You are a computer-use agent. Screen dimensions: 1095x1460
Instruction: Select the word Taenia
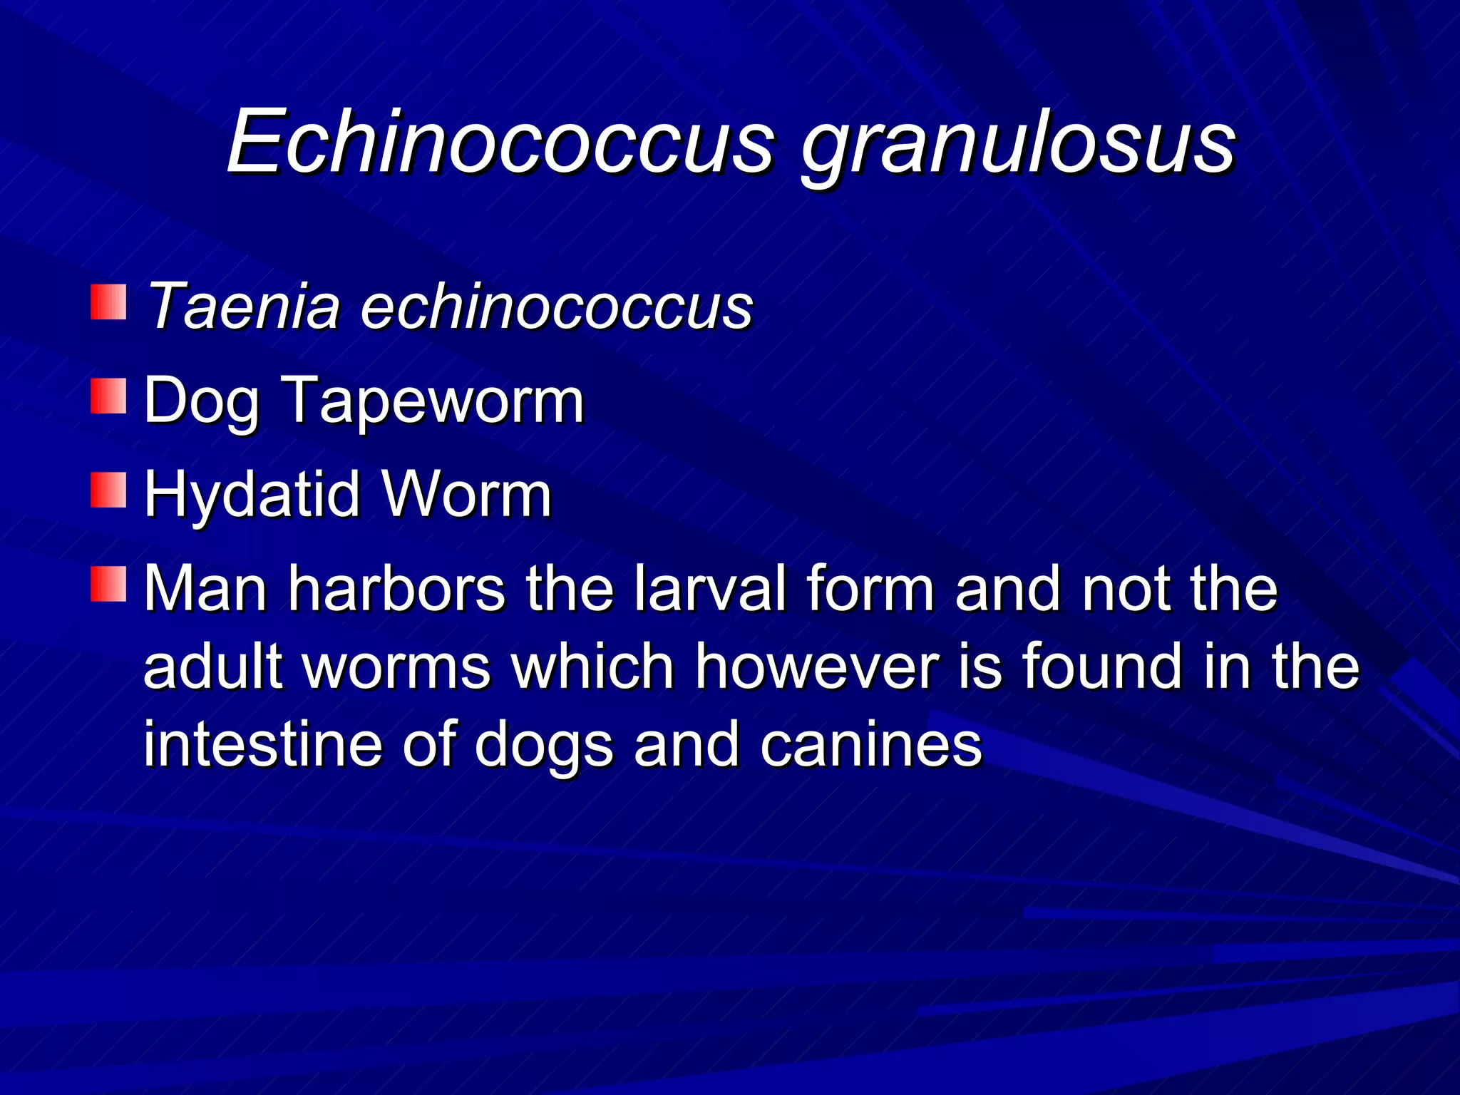[x=242, y=307]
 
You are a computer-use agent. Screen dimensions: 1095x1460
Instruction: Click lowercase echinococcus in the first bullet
[x=557, y=307]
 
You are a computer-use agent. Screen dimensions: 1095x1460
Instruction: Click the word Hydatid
[x=252, y=495]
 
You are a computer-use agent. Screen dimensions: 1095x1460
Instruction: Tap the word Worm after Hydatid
[x=466, y=495]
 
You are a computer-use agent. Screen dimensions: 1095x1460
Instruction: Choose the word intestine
[x=263, y=744]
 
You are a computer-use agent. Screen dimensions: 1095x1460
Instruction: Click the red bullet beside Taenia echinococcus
[x=108, y=302]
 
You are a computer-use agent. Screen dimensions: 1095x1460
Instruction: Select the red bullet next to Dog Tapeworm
[x=108, y=396]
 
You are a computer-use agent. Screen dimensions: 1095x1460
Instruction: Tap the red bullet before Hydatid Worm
[x=108, y=490]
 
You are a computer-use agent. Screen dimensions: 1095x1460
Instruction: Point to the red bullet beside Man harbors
[x=108, y=585]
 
